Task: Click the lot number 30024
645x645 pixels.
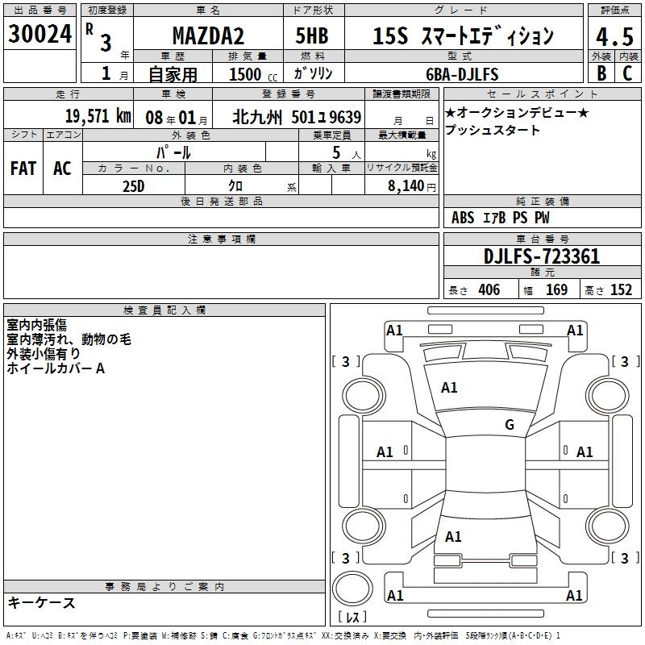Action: point(40,34)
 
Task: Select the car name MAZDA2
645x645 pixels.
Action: point(208,35)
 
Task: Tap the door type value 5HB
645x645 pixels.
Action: point(312,35)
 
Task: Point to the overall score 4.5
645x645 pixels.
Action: point(614,36)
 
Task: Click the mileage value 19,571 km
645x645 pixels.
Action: point(98,116)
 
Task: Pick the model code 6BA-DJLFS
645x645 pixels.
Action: point(462,74)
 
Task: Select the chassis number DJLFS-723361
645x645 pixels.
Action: point(542,256)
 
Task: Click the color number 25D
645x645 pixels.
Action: point(134,186)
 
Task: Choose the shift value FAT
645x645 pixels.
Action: point(23,169)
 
